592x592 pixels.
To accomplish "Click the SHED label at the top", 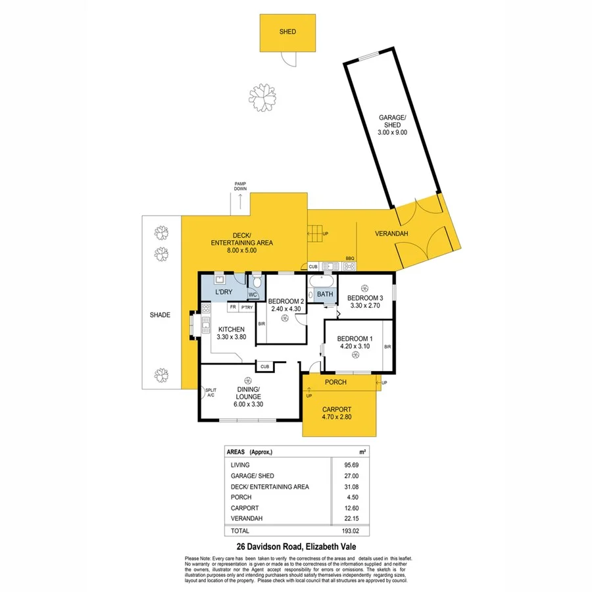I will (287, 32).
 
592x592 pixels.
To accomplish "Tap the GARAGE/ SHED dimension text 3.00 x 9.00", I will (393, 132).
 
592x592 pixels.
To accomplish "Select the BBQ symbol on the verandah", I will (349, 266).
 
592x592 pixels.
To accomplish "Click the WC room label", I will (253, 294).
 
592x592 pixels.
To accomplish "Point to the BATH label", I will (325, 294).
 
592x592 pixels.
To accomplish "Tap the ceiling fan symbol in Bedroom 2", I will (284, 318).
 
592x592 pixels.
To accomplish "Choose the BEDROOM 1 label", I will (355, 339).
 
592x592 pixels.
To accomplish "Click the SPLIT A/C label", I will (211, 392).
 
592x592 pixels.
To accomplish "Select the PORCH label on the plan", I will (336, 382).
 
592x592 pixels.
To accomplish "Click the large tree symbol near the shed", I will (266, 99).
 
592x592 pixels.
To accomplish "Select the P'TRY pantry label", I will (247, 307).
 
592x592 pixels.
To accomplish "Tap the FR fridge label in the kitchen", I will (232, 307).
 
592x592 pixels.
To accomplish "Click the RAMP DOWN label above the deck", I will (239, 185).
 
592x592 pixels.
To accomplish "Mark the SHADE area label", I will (160, 315).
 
